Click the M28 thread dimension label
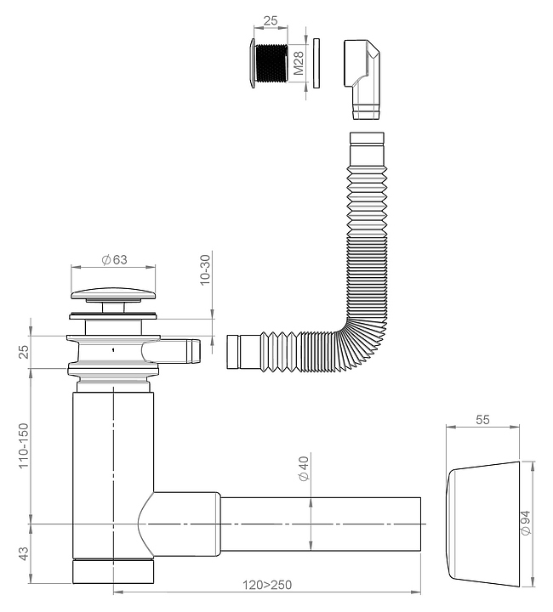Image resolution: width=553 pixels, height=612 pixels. [299, 63]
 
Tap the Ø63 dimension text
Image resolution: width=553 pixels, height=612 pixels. [114, 259]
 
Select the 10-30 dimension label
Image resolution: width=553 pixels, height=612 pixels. [205, 270]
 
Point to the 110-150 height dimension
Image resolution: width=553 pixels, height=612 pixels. [24, 445]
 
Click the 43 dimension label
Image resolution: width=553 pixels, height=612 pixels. [24, 554]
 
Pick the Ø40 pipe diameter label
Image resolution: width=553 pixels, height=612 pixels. [304, 468]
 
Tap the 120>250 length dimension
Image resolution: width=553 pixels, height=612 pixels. [267, 585]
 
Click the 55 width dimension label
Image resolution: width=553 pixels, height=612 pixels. [482, 420]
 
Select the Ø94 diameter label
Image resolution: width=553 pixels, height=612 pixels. [526, 523]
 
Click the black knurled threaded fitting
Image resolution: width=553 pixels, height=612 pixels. [270, 63]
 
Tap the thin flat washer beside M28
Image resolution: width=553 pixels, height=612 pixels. [316, 63]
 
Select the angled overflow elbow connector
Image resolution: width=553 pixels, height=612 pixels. [362, 79]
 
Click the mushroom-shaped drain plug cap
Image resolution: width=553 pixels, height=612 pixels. [113, 295]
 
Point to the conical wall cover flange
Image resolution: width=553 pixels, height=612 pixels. [482, 524]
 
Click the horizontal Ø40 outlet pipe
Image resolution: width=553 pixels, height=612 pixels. [320, 524]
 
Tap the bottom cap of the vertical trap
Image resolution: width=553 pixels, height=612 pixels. [113, 572]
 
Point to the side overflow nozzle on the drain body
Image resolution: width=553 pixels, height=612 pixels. [180, 351]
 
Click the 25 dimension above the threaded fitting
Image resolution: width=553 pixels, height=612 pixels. [271, 20]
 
